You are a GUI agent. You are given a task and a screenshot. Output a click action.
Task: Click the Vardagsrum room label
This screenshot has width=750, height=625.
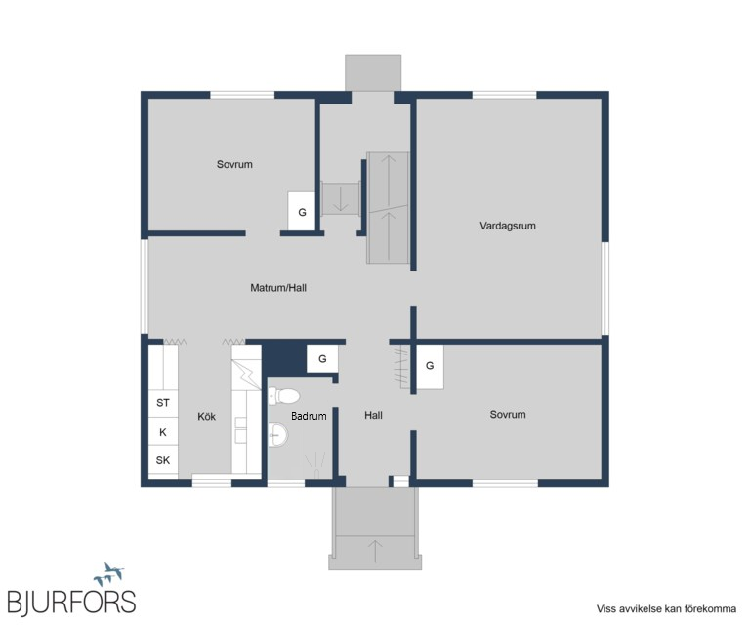click(x=508, y=226)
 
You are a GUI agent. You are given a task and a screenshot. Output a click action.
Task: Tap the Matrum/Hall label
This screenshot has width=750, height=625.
click(x=278, y=288)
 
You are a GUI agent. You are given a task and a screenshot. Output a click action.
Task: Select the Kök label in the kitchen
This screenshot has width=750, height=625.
click(x=207, y=417)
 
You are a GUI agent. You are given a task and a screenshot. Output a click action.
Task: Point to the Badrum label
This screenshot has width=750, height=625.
click(x=309, y=416)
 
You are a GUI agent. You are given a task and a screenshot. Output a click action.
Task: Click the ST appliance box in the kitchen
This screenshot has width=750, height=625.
click(x=163, y=403)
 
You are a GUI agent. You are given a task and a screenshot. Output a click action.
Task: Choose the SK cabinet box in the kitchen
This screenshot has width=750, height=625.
click(x=163, y=460)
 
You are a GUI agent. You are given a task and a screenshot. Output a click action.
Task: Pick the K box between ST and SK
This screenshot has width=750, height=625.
click(x=163, y=432)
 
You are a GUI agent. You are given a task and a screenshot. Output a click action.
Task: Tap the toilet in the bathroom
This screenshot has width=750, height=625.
click(x=283, y=396)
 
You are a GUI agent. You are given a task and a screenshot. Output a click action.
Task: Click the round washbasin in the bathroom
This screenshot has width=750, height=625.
click(x=278, y=435)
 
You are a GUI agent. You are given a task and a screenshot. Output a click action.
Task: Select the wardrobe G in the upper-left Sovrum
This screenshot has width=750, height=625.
click(x=302, y=212)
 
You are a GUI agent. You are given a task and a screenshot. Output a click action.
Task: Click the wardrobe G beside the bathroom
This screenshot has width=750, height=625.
click(x=322, y=358)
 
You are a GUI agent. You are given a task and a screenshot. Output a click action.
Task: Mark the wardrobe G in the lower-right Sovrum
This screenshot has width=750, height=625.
click(x=430, y=366)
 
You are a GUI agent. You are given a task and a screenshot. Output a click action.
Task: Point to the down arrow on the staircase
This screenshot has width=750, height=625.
click(x=341, y=198)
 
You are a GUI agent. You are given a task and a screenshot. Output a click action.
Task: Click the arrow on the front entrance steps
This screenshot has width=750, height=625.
click(x=375, y=551)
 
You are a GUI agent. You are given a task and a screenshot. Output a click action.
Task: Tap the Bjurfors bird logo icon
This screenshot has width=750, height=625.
click(x=109, y=574)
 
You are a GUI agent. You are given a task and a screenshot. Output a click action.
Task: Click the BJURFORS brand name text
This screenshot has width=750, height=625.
click(x=71, y=602)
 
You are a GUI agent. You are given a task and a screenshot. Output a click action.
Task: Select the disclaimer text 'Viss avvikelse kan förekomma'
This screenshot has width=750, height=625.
click(x=666, y=609)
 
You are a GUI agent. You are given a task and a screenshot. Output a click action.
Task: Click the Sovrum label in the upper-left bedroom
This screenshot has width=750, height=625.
click(x=234, y=164)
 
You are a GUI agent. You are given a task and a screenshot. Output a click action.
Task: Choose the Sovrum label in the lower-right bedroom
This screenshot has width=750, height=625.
click(x=508, y=415)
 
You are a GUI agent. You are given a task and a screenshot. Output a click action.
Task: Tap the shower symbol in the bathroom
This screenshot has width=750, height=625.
click(x=315, y=465)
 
